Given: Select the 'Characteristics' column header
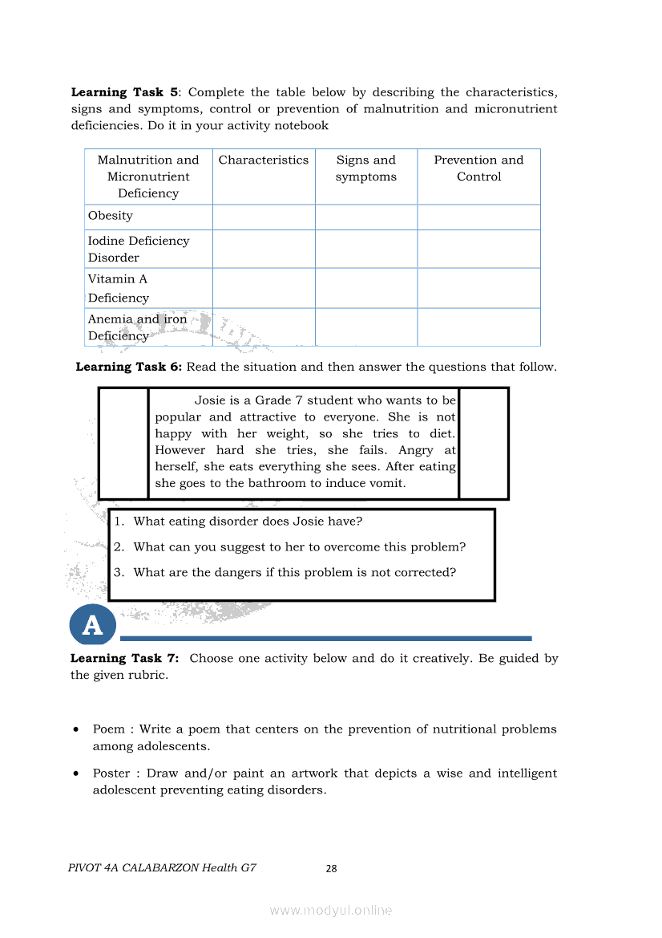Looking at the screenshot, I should [x=263, y=160].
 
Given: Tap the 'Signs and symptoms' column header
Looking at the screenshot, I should [x=365, y=169].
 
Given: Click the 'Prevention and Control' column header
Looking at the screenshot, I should [x=478, y=169].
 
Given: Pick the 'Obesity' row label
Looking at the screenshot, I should [x=111, y=216].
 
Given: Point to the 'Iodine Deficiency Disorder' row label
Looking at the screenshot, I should [x=138, y=249].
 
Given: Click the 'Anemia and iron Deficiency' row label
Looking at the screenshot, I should [x=137, y=327].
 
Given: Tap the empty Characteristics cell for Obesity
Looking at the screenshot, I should [x=264, y=217].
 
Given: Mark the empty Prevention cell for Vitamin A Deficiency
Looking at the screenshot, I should [x=478, y=288].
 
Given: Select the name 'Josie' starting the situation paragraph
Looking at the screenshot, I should [x=211, y=400].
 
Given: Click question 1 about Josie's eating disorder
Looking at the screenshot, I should [x=248, y=522].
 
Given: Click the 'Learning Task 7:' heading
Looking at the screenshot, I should [x=125, y=659].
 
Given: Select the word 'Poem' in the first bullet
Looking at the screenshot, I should [x=109, y=729].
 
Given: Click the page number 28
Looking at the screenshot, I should [x=331, y=868].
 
